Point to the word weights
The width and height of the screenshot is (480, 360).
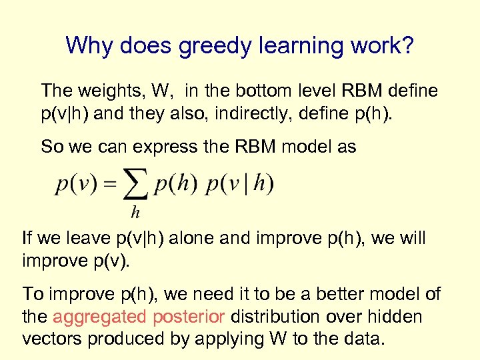pyautogui.click(x=110, y=90)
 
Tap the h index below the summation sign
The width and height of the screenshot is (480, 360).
pyautogui.click(x=135, y=213)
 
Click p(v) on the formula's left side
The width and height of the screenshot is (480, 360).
pyautogui.click(x=76, y=185)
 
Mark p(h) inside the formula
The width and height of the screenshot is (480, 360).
pyautogui.click(x=175, y=185)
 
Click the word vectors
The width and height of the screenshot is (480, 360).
pyautogui.click(x=52, y=338)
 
